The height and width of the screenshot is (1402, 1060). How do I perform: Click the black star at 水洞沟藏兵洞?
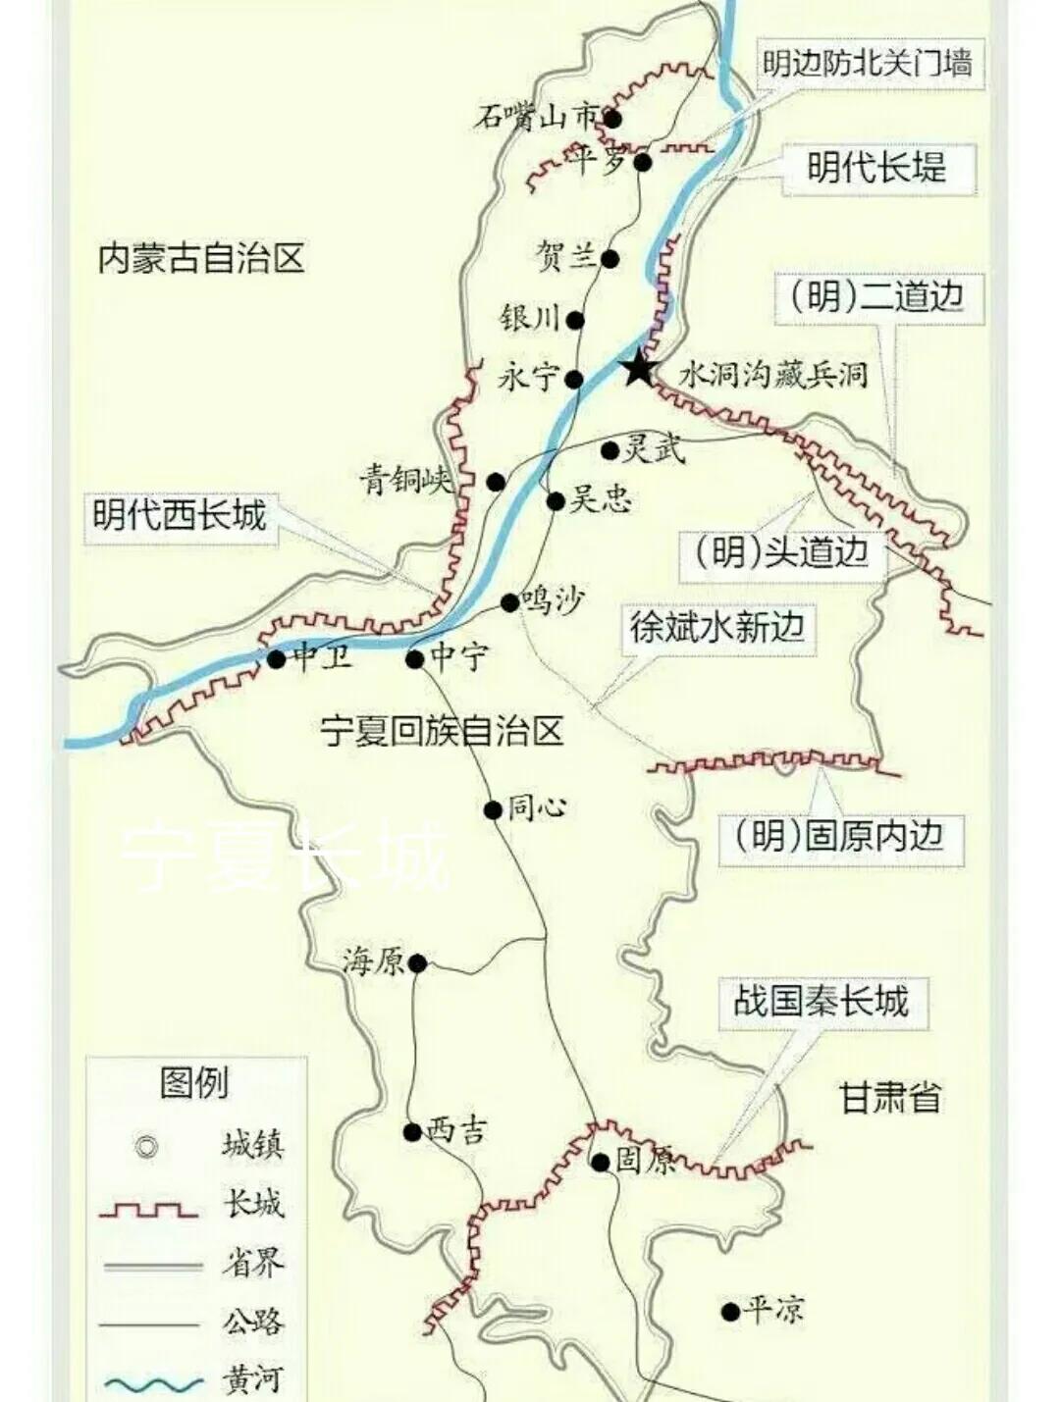tap(639, 369)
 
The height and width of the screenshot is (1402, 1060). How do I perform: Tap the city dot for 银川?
tap(575, 320)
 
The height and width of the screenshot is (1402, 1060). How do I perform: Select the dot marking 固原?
tap(600, 1163)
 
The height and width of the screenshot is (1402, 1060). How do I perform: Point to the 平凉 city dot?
tap(730, 1311)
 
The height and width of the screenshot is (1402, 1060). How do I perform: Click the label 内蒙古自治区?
tap(201, 259)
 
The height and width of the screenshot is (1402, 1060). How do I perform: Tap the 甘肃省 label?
tap(890, 1097)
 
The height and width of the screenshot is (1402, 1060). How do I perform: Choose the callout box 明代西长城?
tap(180, 514)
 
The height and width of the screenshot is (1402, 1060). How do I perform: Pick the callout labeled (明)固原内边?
tap(840, 836)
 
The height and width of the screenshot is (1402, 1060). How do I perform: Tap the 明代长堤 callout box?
tap(877, 168)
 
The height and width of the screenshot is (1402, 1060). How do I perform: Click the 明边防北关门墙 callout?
tap(868, 65)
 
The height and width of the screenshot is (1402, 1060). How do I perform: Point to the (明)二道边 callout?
tap(878, 296)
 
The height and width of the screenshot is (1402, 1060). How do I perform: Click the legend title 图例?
tap(194, 1083)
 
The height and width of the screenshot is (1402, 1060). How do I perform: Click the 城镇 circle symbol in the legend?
tap(147, 1146)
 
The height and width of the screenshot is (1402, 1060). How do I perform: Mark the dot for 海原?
tap(417, 963)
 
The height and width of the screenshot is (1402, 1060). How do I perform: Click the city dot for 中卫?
tap(277, 659)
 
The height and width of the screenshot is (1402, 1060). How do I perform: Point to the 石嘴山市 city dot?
tap(612, 119)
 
